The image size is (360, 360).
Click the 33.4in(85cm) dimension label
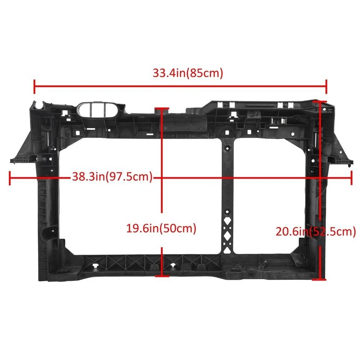[x=187, y=73]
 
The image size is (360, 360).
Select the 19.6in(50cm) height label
[x=161, y=229]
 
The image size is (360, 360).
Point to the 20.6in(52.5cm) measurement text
[x=316, y=232]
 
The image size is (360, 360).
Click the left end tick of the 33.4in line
[x=34, y=87]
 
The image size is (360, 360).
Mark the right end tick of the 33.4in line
[x=326, y=87]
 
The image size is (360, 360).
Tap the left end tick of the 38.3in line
[x=10, y=178]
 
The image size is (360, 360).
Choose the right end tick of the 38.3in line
[x=351, y=178]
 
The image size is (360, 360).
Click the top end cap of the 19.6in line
[x=162, y=109]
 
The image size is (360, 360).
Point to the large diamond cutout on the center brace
[x=227, y=236]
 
